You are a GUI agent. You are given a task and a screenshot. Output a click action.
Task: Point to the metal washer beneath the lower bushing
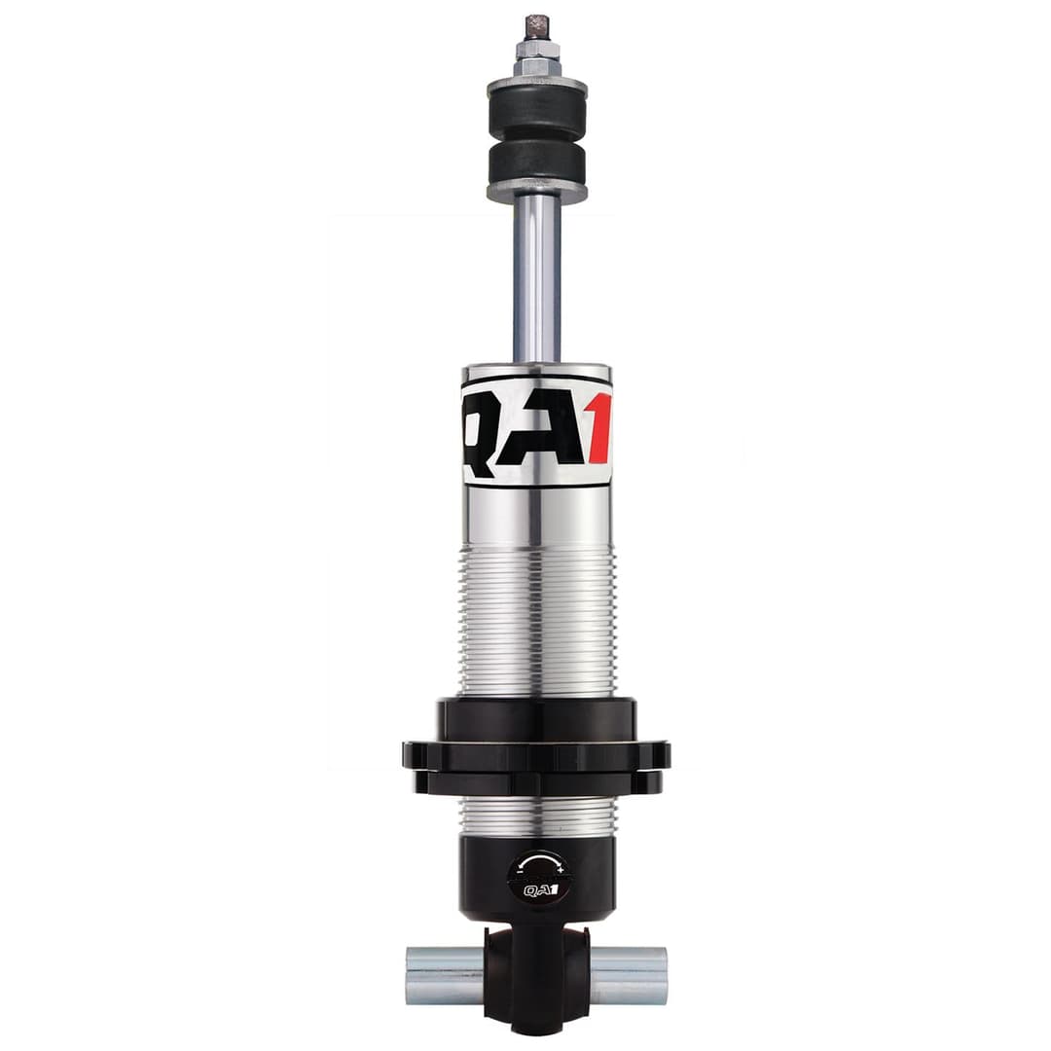point(536,192)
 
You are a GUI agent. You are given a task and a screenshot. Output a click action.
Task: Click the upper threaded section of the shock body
point(536,623)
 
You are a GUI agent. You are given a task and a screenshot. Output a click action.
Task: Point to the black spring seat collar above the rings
point(536,719)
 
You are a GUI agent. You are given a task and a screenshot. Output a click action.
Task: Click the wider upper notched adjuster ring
point(536,754)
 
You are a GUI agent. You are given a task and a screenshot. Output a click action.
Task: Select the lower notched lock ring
point(536,781)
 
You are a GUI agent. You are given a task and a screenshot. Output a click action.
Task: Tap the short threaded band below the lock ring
point(536,815)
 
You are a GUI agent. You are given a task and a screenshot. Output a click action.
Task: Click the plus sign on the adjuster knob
point(561,868)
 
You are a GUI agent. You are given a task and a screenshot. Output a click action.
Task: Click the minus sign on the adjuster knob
point(515,868)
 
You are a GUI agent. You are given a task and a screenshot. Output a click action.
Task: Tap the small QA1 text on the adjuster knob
point(537,889)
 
